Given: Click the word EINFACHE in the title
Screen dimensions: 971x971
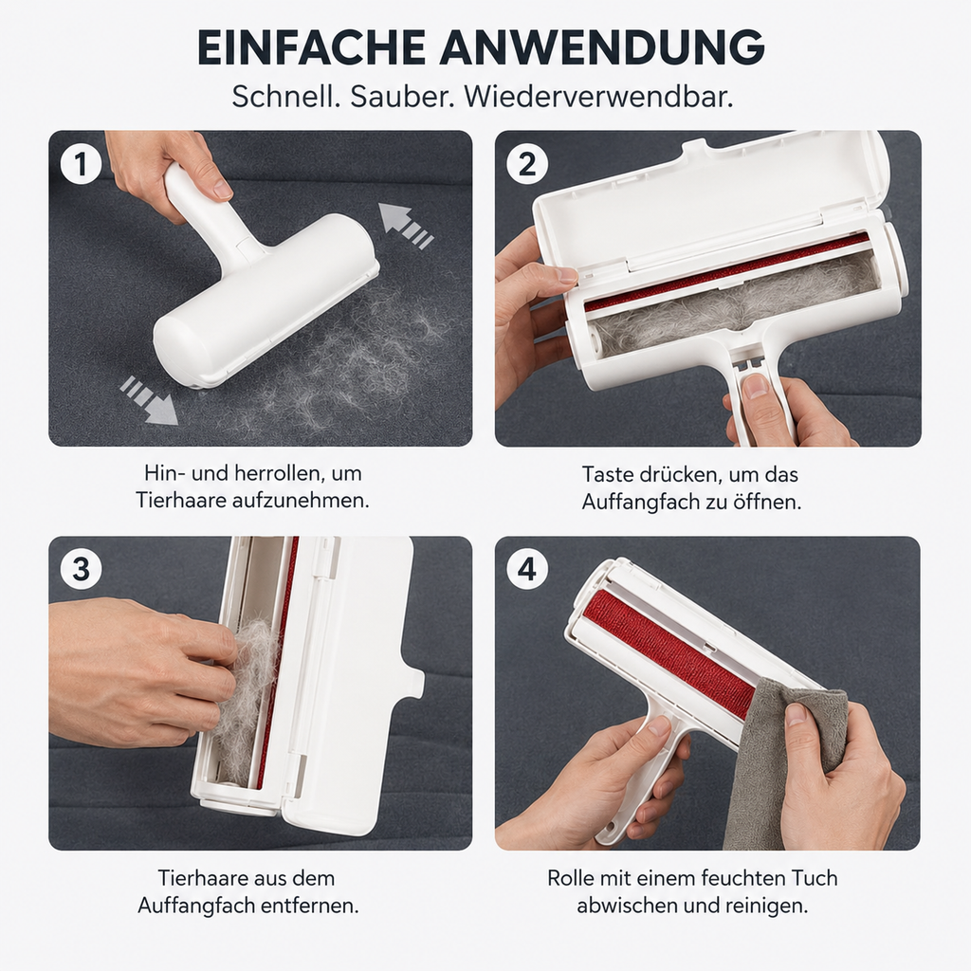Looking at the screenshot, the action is (x=311, y=47).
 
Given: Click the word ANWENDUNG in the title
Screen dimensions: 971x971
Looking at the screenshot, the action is (x=603, y=47).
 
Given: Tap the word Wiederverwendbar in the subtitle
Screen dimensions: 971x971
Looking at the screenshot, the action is (x=599, y=98).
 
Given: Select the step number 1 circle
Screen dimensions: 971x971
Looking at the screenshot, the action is (x=82, y=164).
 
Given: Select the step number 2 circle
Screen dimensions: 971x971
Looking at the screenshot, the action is (x=527, y=164).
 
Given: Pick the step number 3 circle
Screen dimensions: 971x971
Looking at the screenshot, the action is (x=82, y=569).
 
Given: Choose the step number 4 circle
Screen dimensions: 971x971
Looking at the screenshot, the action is (x=527, y=569).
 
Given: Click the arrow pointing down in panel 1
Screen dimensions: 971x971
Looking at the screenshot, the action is (x=149, y=401).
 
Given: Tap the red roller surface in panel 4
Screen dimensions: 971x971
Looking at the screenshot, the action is (x=669, y=653).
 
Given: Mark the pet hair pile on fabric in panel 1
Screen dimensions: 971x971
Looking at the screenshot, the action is (x=347, y=365).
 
